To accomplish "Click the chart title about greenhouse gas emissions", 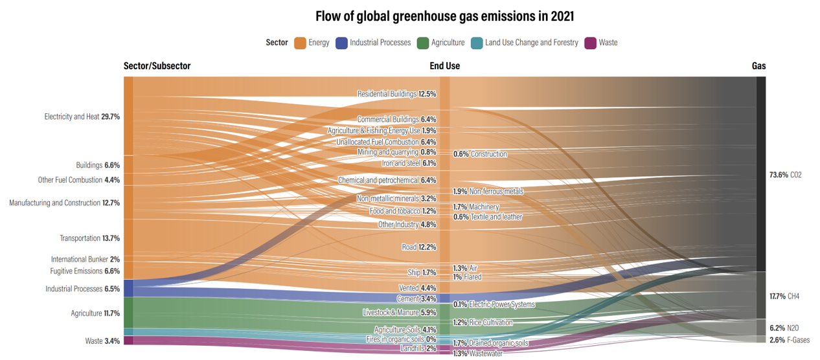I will [x=444, y=16].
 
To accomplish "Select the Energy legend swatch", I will [x=301, y=43].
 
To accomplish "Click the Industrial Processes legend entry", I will [x=373, y=43].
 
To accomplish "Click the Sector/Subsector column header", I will [x=157, y=66].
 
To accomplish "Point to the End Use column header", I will [x=444, y=66].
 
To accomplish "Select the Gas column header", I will [x=758, y=66].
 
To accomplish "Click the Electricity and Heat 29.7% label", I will [x=82, y=117].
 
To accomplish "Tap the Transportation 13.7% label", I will [x=89, y=238].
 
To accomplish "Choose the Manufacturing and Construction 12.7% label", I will [x=64, y=203].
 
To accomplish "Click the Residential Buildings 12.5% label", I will [x=396, y=94].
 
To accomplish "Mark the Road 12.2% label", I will [x=418, y=247].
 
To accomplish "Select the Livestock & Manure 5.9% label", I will [x=400, y=313].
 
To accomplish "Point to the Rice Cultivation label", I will [x=483, y=322].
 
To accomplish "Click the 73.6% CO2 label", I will [x=785, y=175].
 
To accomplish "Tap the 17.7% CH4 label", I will [x=784, y=296].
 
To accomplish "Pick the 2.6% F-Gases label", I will [x=789, y=340].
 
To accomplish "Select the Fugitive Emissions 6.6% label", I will [x=85, y=271].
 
